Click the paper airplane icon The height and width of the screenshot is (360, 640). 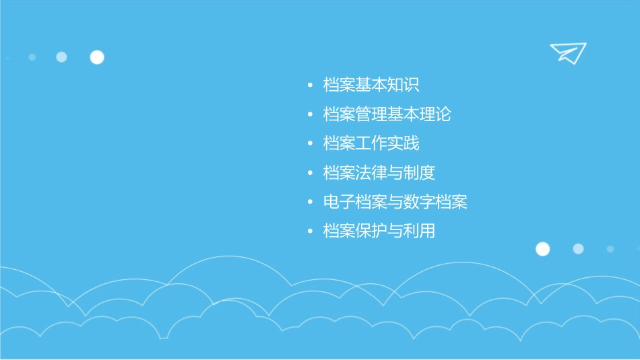point(567,52)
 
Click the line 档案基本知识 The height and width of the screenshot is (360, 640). point(371,85)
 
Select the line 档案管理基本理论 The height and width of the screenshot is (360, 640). point(387,114)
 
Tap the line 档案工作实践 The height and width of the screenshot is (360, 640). point(371,143)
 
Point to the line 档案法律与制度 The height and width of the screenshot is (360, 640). point(379,173)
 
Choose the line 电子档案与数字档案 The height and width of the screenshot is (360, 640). point(395,202)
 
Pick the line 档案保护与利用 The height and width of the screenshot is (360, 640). point(379,231)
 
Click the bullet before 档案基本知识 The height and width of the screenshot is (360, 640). point(310,86)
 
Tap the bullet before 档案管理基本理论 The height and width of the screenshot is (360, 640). point(310,115)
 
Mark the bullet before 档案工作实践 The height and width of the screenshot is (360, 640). point(310,144)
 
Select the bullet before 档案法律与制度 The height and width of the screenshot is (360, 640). point(310,174)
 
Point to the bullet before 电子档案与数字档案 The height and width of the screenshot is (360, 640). point(310,203)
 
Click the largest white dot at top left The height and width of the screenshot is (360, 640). point(97,57)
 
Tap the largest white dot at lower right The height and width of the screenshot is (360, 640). point(542,249)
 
